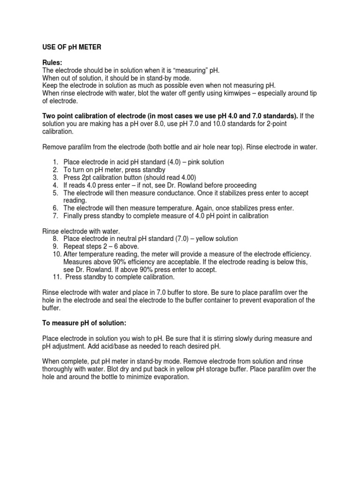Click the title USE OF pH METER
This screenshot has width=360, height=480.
72,47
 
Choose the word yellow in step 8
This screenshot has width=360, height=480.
207,239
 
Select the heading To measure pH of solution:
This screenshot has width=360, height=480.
84,323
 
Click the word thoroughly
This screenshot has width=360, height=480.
60,369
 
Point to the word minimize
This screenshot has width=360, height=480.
138,376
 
